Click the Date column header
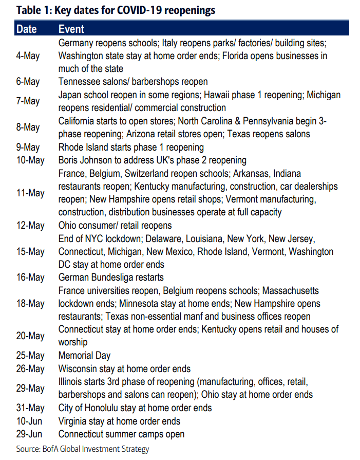pos(26,29)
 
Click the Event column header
pos(71,29)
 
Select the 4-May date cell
pos(28,56)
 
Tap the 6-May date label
pos(28,82)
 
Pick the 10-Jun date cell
pos(28,421)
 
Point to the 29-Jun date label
pos(28,434)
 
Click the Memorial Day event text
pos(85,356)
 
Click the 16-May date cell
pos(30,278)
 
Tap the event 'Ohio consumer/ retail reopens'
pos(115,226)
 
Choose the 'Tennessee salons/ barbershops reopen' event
pos(133,82)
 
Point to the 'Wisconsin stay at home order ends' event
pos(124,369)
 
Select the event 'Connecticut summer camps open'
pos(121,434)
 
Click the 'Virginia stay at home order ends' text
pos(119,421)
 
